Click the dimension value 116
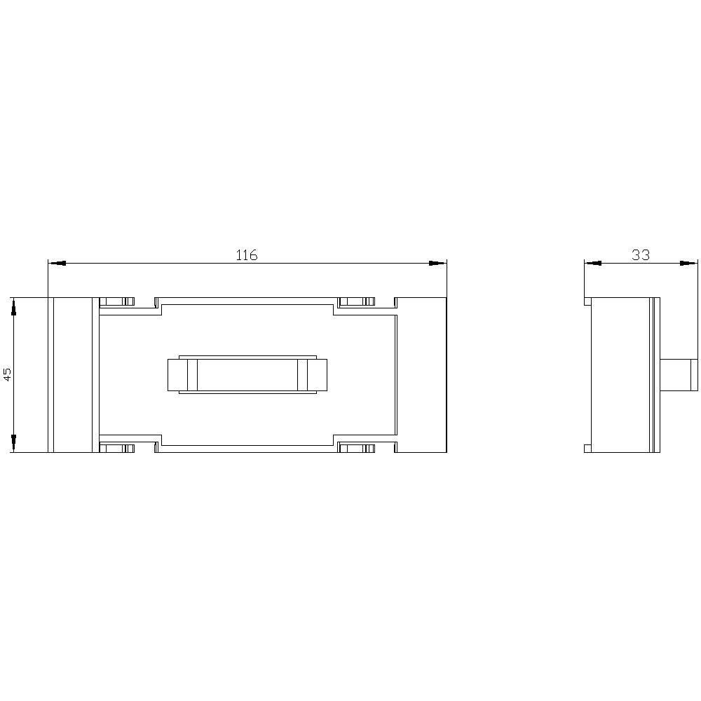click(x=246, y=255)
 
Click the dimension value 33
click(x=641, y=255)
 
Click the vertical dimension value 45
click(x=8, y=374)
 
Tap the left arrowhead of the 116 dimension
click(x=57, y=264)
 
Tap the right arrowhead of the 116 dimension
click(x=437, y=264)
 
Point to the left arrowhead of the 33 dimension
click(x=593, y=264)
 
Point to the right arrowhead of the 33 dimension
click(x=689, y=264)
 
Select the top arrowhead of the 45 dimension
click(x=13, y=306)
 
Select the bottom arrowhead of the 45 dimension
click(x=13, y=443)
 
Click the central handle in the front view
click(x=247, y=374)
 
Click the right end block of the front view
click(x=421, y=374)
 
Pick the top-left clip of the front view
click(x=116, y=302)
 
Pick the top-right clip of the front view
click(x=356, y=302)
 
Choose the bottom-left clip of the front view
click(x=116, y=448)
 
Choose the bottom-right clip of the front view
click(x=356, y=448)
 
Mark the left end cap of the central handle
click(x=178, y=374)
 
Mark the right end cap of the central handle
click(x=317, y=374)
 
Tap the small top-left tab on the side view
click(x=588, y=301)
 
